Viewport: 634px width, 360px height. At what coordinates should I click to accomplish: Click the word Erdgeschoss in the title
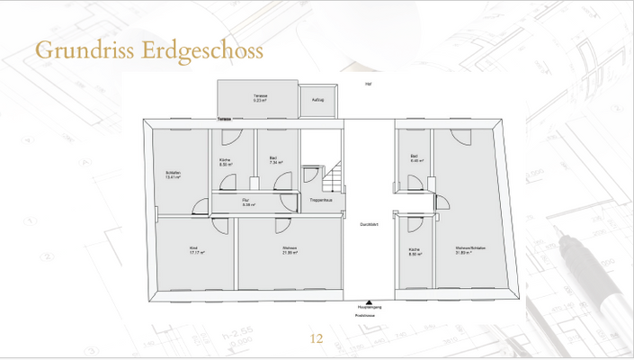click(202, 49)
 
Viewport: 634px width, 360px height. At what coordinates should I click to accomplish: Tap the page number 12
click(316, 339)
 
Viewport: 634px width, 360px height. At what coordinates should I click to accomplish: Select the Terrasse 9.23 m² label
click(259, 99)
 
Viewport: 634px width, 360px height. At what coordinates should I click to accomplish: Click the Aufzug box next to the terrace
click(317, 101)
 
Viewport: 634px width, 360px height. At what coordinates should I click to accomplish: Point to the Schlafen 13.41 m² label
click(174, 175)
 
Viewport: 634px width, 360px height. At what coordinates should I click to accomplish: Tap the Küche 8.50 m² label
click(227, 162)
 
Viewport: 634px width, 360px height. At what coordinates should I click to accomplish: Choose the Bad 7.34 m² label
click(274, 160)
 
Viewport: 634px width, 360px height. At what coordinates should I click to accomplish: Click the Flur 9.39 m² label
click(249, 202)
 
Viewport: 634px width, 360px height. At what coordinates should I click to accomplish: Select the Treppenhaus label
click(322, 199)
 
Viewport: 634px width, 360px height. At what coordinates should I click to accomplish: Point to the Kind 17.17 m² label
click(196, 250)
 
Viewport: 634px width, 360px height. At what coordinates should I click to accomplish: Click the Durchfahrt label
click(369, 224)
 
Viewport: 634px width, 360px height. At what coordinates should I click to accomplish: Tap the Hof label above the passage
click(369, 84)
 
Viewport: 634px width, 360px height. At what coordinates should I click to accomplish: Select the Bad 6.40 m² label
click(416, 158)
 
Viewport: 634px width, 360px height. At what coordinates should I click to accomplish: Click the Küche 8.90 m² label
click(415, 251)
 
